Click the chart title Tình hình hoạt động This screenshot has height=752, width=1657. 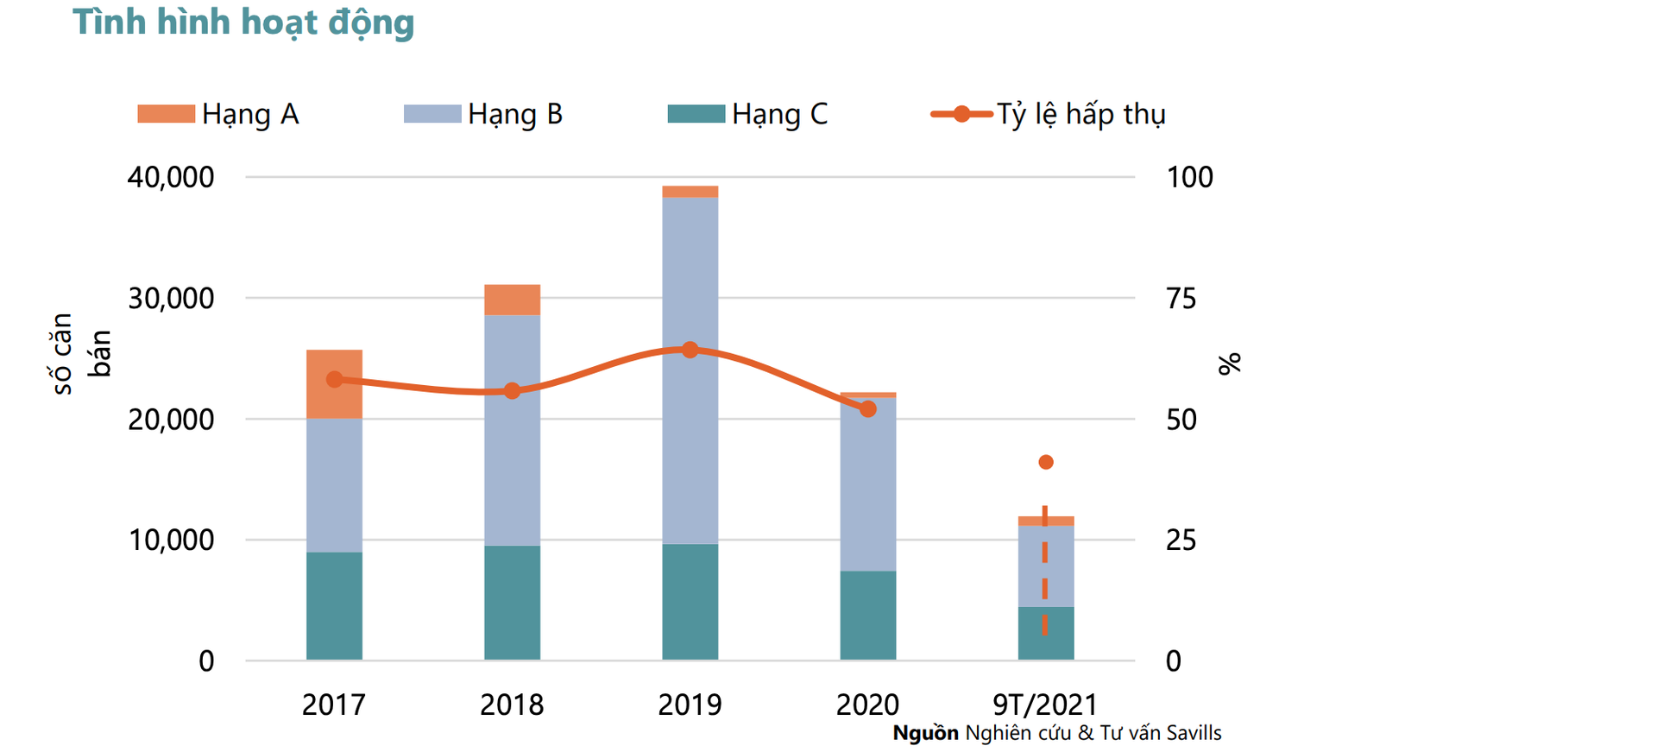(243, 22)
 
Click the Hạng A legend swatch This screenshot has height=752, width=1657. (166, 114)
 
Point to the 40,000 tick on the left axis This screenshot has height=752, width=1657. (171, 177)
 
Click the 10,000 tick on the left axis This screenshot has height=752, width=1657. (171, 540)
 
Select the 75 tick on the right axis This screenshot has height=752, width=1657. (1181, 299)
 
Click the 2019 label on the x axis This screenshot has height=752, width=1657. (690, 705)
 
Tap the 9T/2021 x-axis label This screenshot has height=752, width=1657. (1044, 705)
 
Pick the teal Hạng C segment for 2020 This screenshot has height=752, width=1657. (867, 615)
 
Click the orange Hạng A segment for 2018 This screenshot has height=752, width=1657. (512, 300)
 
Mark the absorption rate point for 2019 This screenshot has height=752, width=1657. (690, 350)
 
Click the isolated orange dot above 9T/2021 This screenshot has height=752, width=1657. (1046, 463)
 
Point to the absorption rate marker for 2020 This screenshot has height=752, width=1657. (868, 409)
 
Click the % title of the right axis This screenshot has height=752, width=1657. (1229, 363)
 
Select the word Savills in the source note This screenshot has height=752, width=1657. (1194, 733)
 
